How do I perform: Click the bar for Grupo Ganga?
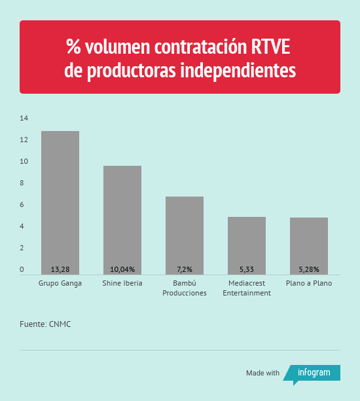coord(60,203)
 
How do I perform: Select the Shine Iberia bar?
coord(122,220)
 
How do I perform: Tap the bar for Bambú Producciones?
coord(185,235)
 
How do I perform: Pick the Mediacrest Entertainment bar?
coord(247,246)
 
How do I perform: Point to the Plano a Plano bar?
coord(309,246)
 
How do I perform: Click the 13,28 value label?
coord(60,269)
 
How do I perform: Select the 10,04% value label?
coord(122,269)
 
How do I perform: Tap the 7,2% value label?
coord(185,269)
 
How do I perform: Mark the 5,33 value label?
coord(247,269)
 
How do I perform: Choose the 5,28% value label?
coord(309,269)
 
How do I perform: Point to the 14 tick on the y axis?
coord(24,118)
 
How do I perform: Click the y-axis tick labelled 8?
coord(22,183)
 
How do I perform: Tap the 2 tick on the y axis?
coord(22,248)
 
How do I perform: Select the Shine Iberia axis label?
coord(122,283)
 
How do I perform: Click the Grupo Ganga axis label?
coord(60,284)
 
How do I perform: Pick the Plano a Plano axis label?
coord(309,283)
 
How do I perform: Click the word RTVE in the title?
coord(270,47)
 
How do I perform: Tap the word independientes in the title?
coord(238,70)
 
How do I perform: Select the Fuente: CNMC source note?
coord(45,324)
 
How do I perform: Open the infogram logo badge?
coord(312,374)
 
